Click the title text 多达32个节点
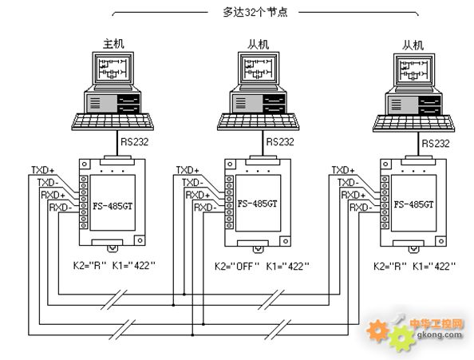click(x=255, y=13)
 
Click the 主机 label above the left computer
click(x=113, y=44)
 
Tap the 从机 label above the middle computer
click(x=259, y=45)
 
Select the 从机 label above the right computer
click(x=413, y=45)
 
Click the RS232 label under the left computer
click(x=135, y=142)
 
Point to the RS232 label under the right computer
click(x=436, y=143)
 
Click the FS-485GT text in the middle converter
click(x=257, y=204)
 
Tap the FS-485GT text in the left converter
click(x=113, y=206)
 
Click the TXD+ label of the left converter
click(x=43, y=170)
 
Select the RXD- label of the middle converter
click(x=205, y=208)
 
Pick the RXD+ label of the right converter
click(x=353, y=195)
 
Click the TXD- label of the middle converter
click(x=192, y=183)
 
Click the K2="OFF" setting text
click(x=237, y=267)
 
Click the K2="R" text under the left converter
click(x=90, y=266)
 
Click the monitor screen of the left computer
click(x=113, y=68)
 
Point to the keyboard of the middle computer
click(x=259, y=121)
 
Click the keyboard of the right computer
click(x=413, y=123)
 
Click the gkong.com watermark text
click(x=440, y=334)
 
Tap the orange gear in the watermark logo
click(x=377, y=331)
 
